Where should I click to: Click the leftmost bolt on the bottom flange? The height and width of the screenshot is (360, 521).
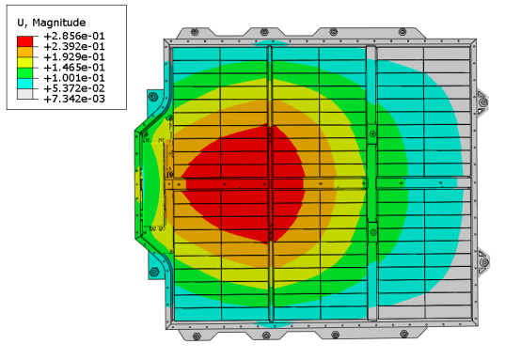(x=194, y=335)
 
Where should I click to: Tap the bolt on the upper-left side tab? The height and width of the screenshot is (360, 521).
(x=152, y=97)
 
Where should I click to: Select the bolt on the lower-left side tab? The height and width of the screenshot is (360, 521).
(x=152, y=271)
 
